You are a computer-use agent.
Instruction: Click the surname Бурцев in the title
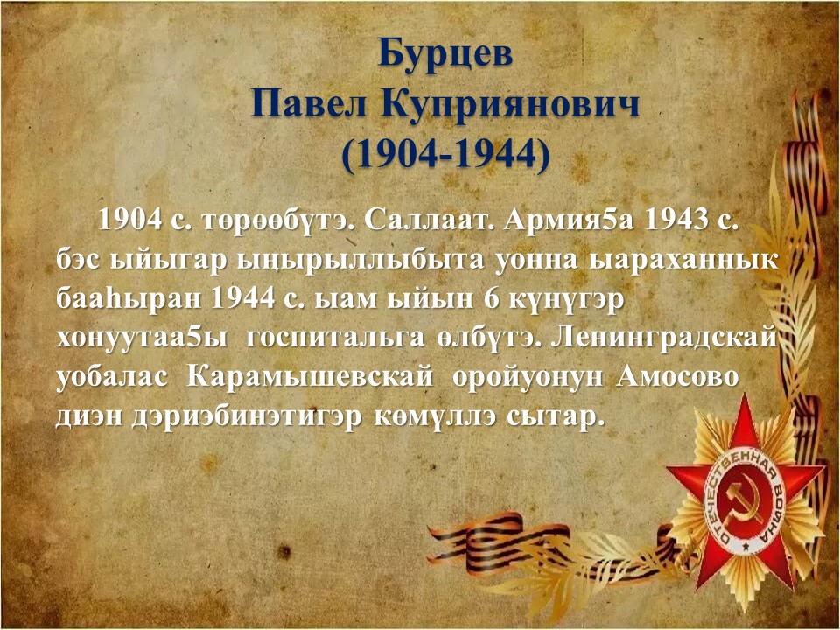point(445,53)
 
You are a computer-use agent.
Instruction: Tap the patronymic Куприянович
point(510,106)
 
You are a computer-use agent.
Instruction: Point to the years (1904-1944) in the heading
point(445,156)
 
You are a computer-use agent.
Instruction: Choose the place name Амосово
point(677,377)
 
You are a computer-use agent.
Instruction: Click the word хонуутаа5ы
point(142,339)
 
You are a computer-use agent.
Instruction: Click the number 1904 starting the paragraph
point(130,220)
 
